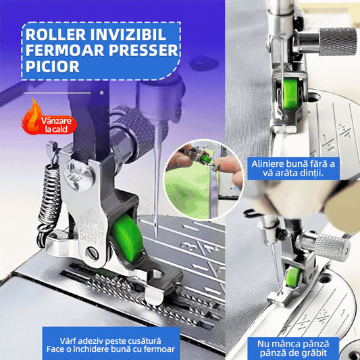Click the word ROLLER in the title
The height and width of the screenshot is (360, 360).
[x=56, y=34]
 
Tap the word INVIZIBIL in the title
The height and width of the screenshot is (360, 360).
[x=128, y=34]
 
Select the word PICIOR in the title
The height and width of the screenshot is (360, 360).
[x=53, y=66]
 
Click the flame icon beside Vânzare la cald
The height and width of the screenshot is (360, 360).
[x=32, y=115]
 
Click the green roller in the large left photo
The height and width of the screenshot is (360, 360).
[x=127, y=238]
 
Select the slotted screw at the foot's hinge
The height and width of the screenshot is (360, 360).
[x=92, y=253]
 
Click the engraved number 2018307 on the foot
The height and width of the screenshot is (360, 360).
[x=91, y=230]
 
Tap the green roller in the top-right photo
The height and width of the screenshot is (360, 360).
[x=290, y=93]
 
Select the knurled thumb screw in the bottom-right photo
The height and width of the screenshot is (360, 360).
[x=332, y=247]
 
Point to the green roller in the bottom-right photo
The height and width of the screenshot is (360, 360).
[x=293, y=277]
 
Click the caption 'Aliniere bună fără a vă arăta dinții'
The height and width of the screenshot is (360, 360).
[x=293, y=168]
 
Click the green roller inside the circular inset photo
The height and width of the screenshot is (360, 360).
[x=205, y=158]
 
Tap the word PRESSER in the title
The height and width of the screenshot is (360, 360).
[x=143, y=51]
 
